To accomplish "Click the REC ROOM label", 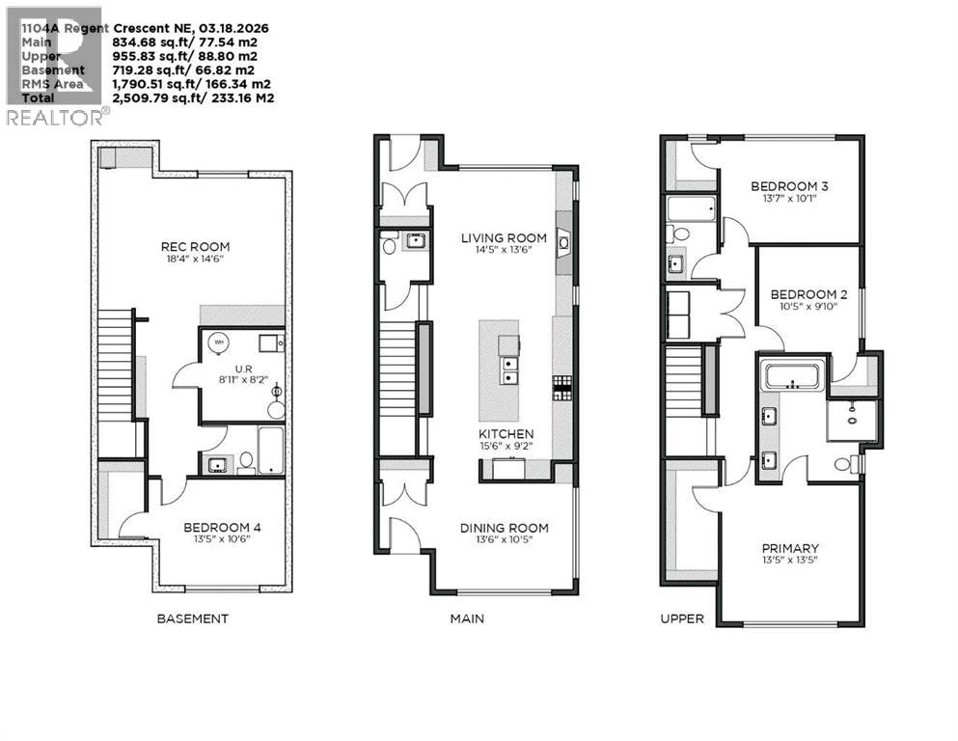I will pos(196,246).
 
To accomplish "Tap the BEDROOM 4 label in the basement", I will pos(222,528).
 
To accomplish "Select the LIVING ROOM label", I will pos(503,237).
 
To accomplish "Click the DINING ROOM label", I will pos(504,528).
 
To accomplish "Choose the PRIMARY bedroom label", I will pos(789,548).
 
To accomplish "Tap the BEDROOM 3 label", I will pos(789,186).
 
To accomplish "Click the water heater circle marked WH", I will pos(219,343).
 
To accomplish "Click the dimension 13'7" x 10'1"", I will pos(789,200).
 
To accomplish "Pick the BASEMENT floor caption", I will pos(193,618).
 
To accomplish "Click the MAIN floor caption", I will pos(467,618).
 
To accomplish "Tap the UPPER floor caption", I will pos(682,618).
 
